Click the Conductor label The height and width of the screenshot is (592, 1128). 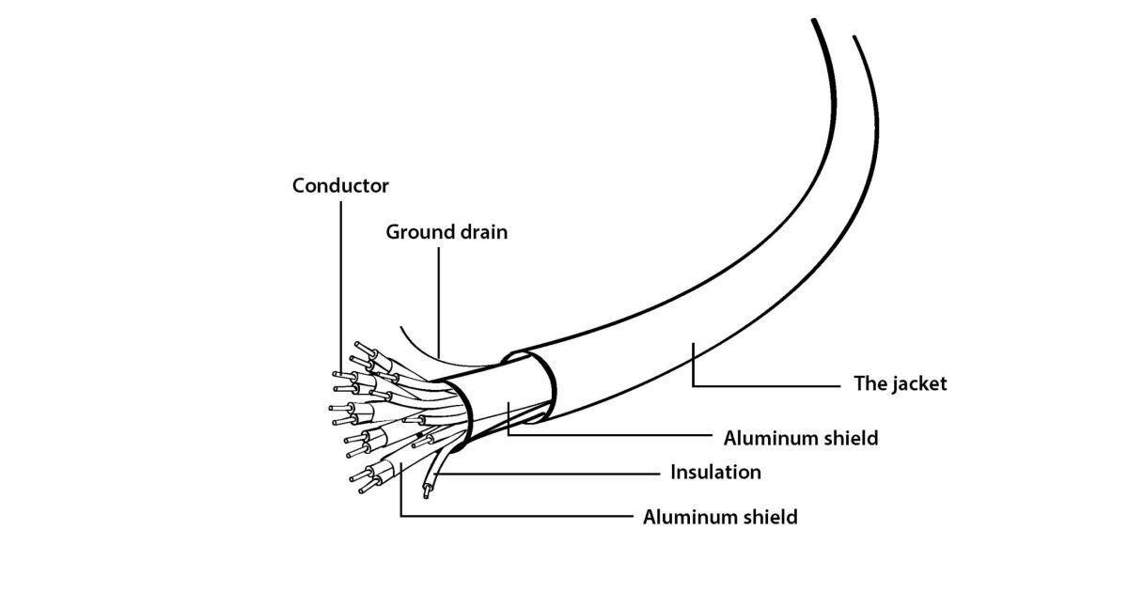340,185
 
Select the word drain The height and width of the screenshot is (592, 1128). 479,231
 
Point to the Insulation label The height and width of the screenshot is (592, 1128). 715,472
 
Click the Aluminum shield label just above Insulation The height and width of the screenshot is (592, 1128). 801,438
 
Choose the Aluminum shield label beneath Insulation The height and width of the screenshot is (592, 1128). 720,516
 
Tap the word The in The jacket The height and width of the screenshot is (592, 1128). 869,383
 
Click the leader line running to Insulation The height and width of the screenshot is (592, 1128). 555,472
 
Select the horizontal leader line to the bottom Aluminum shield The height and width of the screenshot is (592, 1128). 517,516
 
